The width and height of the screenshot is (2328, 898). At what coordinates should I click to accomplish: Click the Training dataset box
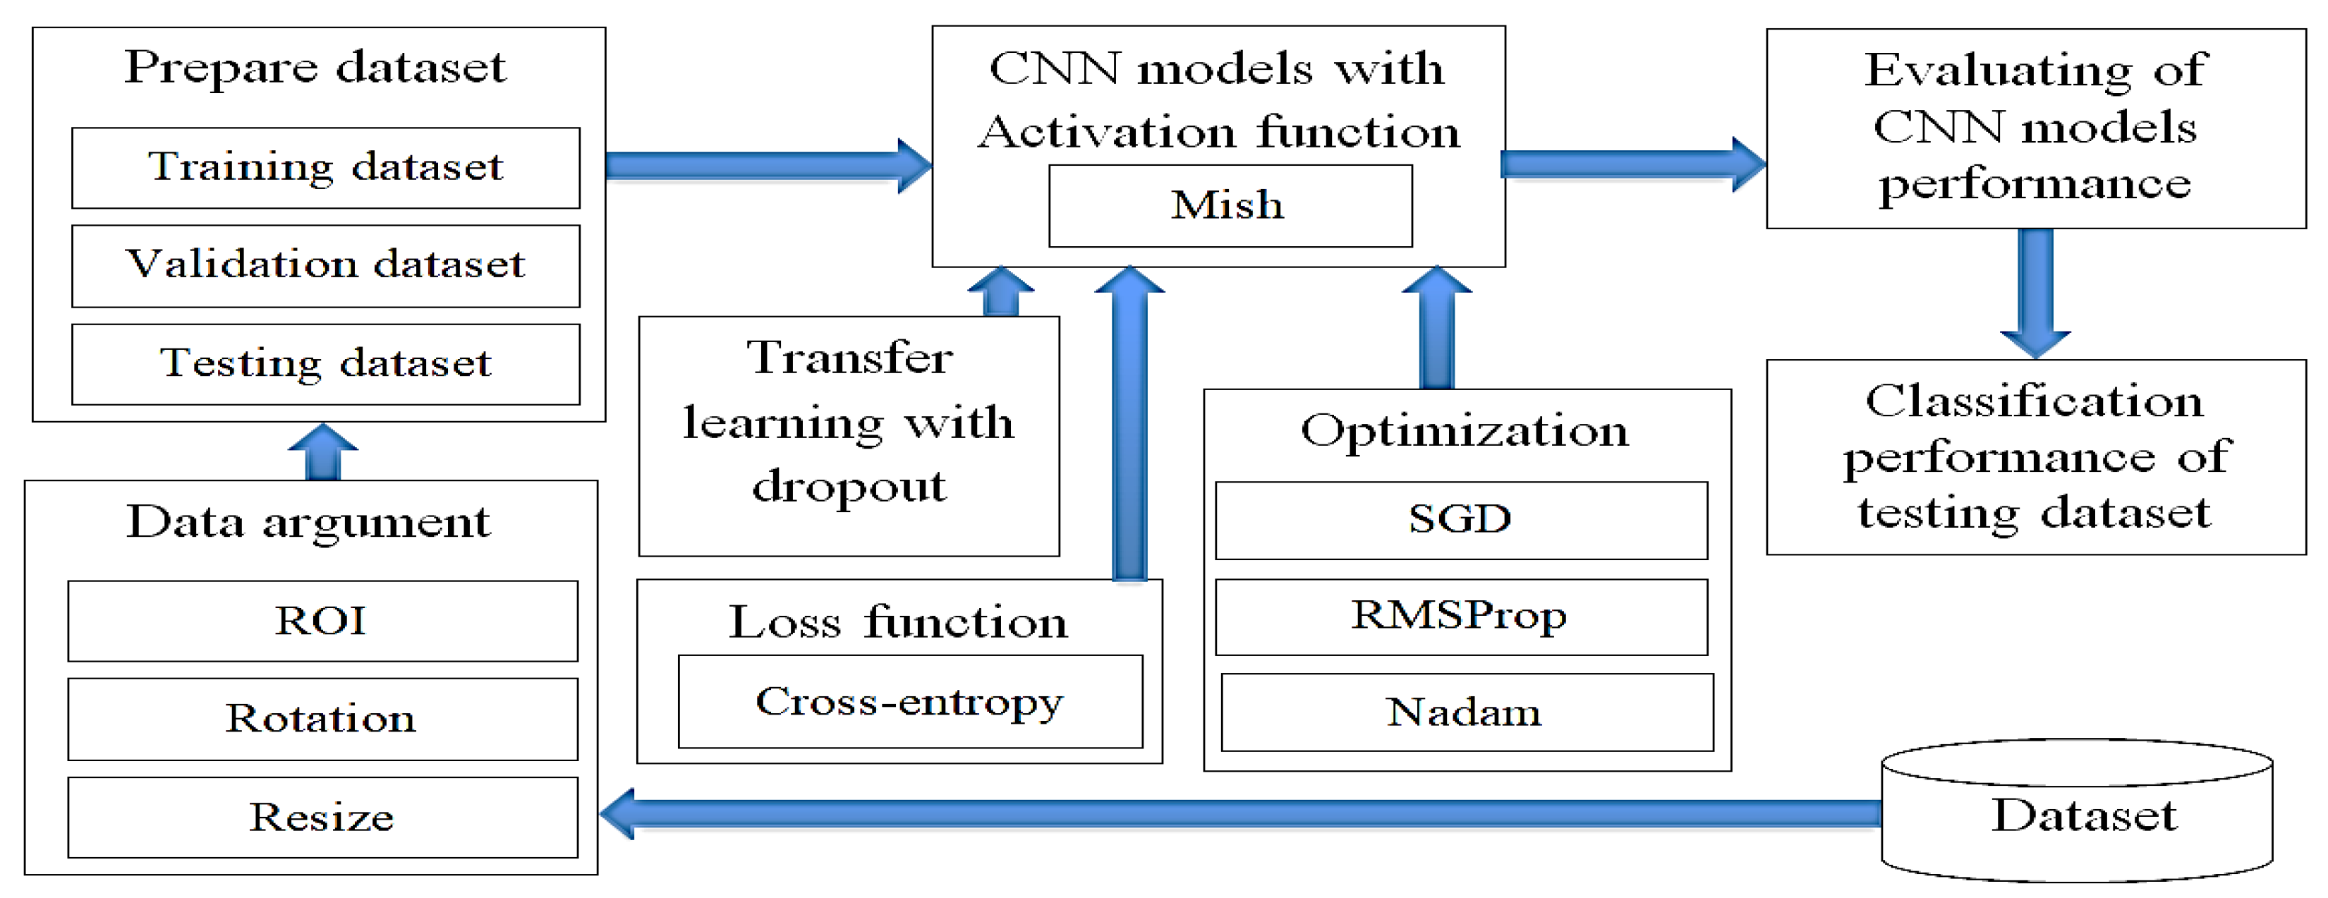[x=325, y=168]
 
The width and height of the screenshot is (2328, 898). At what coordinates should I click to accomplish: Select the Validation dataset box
[x=325, y=266]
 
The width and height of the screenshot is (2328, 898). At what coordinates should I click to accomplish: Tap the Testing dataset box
[x=325, y=364]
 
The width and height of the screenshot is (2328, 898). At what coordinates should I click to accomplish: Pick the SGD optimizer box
[x=1460, y=521]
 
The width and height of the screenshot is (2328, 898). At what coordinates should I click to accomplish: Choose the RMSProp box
[x=1460, y=617]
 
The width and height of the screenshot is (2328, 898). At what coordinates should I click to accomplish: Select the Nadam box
[x=1466, y=712]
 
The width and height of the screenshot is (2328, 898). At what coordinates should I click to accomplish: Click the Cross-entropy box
[x=909, y=702]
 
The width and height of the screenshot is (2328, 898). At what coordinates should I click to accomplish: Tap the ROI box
[x=322, y=621]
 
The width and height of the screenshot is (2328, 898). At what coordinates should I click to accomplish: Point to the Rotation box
[x=322, y=719]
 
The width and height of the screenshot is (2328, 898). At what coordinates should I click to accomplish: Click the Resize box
[x=322, y=818]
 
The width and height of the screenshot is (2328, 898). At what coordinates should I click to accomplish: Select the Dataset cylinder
[x=2076, y=813]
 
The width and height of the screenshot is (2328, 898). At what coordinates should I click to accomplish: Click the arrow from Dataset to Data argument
[x=1238, y=813]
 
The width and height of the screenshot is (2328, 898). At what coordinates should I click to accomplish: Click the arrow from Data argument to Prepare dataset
[x=322, y=451]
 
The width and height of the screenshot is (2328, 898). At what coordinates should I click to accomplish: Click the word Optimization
[x=1464, y=431]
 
